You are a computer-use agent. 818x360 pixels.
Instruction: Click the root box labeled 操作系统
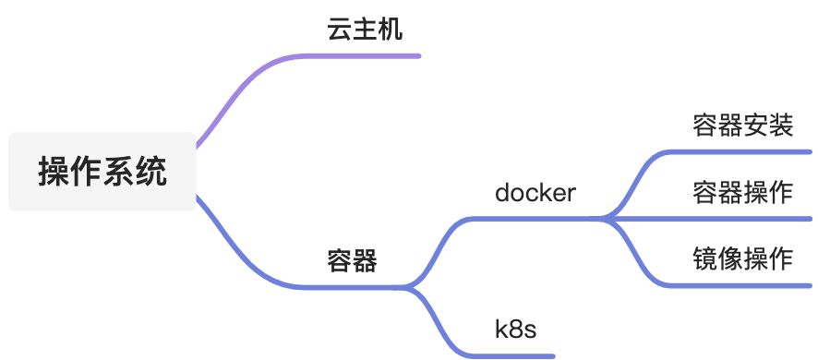coord(102,172)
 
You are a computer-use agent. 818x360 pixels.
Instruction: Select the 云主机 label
coord(365,30)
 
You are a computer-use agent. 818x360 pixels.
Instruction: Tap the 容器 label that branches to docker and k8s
coord(352,260)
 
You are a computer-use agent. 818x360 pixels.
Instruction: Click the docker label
coord(535,193)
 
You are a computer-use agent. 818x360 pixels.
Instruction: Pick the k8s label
coord(515,329)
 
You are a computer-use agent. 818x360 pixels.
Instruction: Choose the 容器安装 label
coord(743,126)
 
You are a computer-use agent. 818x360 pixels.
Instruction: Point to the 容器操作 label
coord(743,193)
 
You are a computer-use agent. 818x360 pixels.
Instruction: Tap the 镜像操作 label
coord(743,258)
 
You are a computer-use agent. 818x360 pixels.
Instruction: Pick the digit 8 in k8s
coord(515,329)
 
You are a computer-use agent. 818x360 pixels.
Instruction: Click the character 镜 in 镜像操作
coord(705,258)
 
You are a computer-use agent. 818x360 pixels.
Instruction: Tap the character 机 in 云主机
coord(391,30)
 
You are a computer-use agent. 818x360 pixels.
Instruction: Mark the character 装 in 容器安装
coord(780,126)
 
